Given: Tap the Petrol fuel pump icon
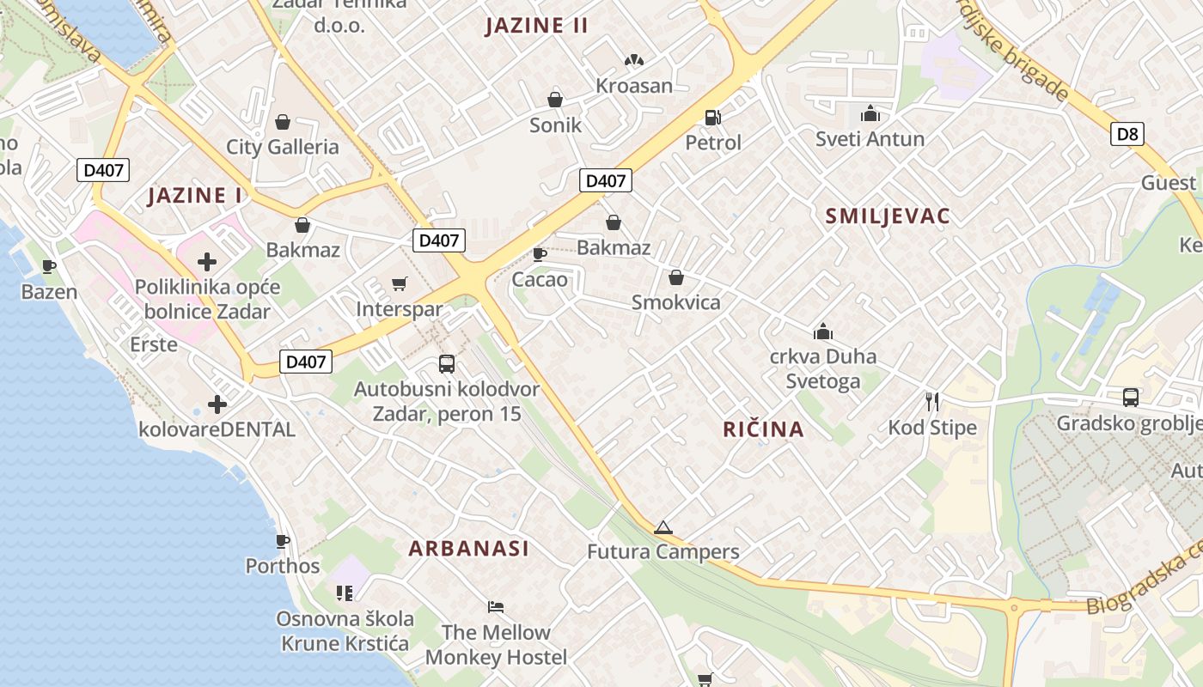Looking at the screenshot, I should click(x=712, y=117).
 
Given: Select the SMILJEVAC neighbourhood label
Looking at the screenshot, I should click(x=888, y=216).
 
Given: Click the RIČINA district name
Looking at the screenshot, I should click(x=763, y=429).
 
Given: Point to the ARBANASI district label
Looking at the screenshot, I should click(x=468, y=549).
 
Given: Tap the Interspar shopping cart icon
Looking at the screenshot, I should click(x=399, y=283).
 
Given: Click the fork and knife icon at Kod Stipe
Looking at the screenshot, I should click(x=932, y=401).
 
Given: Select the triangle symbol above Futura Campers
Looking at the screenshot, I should click(x=663, y=527).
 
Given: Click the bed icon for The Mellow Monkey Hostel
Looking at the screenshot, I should click(x=496, y=607).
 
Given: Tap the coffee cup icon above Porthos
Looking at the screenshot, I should click(x=282, y=541).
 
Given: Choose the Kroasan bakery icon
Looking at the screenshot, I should click(x=634, y=61).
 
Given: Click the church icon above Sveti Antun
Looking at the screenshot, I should click(x=870, y=113).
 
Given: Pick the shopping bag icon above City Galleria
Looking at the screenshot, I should click(x=282, y=122).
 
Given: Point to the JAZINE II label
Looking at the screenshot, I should click(x=536, y=26).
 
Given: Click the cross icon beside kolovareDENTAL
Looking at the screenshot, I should click(x=217, y=404).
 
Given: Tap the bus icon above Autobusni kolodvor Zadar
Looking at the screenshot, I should click(x=447, y=364).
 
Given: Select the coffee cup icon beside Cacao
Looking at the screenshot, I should click(x=540, y=254).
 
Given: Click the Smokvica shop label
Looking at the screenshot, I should click(x=676, y=302).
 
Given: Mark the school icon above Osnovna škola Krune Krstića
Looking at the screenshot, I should click(x=345, y=593).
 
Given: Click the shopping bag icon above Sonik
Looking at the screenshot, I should click(x=555, y=100).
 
